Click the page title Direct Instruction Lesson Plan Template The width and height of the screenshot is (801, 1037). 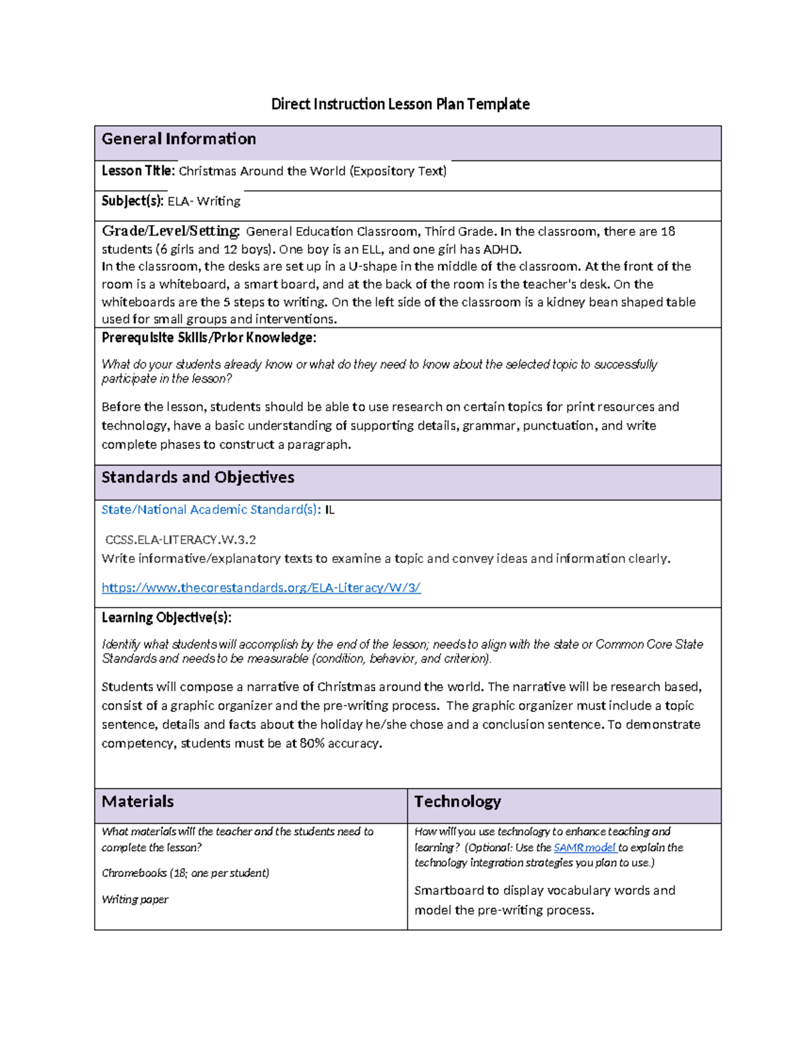point(400,104)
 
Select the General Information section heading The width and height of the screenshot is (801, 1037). point(178,139)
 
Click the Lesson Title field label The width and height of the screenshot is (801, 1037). point(138,171)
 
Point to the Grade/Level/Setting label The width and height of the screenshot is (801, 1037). point(170,231)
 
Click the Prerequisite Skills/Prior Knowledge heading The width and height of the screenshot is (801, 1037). point(208,338)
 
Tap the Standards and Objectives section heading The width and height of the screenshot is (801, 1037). point(198,477)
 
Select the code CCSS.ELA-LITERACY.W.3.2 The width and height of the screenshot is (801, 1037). point(181,540)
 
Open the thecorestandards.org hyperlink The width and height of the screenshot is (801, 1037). point(260,588)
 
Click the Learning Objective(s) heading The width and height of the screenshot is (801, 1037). point(166,618)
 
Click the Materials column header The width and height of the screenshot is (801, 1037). point(138,801)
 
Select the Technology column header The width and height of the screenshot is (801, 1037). point(457,801)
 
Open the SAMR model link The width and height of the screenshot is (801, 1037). point(585,847)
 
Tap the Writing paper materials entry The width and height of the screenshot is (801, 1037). point(135,899)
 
